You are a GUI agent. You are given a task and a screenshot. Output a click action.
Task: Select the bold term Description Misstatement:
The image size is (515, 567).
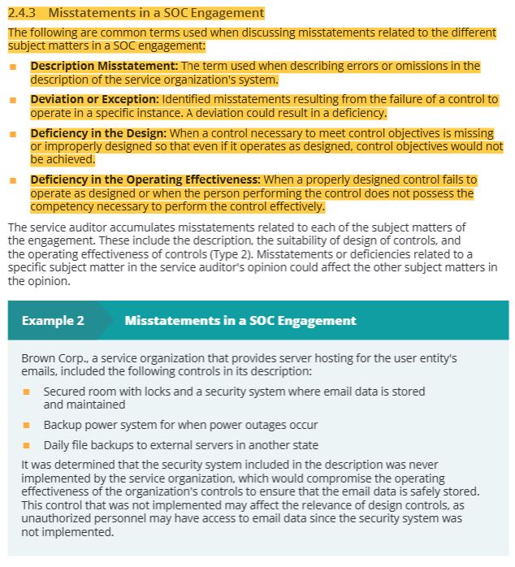pos(105,66)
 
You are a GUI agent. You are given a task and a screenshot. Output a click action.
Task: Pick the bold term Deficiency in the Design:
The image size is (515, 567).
pos(98,133)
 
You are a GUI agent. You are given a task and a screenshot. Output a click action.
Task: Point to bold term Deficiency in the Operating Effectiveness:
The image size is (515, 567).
pos(145,180)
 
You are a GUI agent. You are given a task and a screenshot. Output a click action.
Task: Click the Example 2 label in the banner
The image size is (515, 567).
pos(53,320)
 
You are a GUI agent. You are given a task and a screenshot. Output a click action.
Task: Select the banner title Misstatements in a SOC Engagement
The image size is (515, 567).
pos(240,320)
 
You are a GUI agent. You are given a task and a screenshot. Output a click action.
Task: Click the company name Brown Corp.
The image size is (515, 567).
pos(49,358)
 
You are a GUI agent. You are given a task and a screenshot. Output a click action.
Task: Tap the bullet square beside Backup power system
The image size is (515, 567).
pos(26,425)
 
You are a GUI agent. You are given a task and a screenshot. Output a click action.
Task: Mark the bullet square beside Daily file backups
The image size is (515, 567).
pos(26,445)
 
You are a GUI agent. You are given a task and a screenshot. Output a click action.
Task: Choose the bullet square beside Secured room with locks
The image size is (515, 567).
pos(26,392)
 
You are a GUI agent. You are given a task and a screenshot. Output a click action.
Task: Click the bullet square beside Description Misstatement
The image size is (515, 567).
pos(13,66)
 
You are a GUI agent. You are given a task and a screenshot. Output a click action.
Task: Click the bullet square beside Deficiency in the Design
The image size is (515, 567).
pos(13,133)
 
